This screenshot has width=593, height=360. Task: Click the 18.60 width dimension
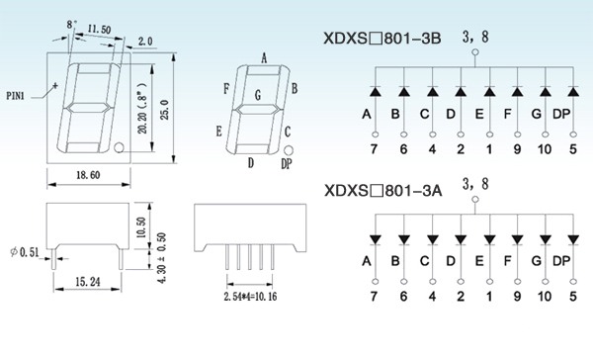[88, 175]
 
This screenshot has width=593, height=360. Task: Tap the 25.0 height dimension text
[165, 110]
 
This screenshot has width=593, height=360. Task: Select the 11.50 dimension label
[99, 29]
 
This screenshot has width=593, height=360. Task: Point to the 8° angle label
[71, 25]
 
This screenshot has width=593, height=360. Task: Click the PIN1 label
[15, 96]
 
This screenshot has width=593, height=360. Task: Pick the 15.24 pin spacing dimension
[88, 282]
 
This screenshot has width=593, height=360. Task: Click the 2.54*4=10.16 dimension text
[250, 297]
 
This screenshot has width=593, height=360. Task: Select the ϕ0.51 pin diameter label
[25, 252]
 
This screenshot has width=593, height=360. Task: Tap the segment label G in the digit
[258, 95]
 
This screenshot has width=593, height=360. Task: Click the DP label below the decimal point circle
[287, 163]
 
